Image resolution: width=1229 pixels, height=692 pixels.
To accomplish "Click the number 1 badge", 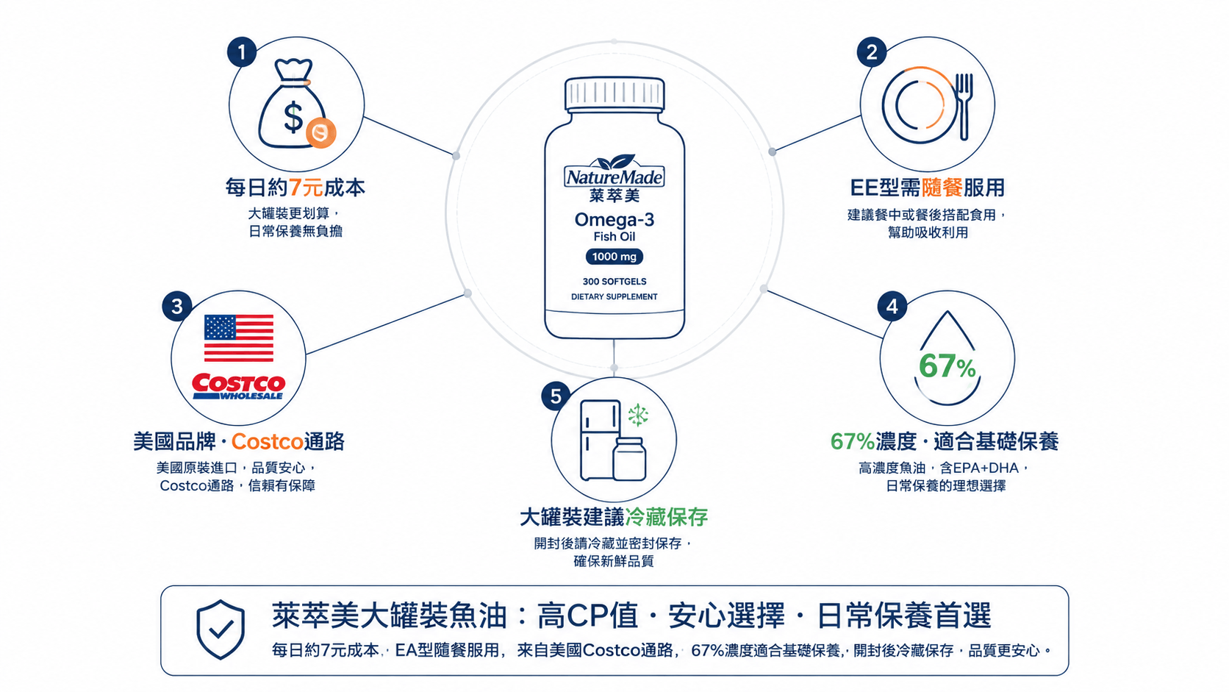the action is pos(242,52).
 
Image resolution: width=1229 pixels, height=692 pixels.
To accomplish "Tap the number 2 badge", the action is pos(872,52).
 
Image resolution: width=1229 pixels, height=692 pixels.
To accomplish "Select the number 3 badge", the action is pos(176,306).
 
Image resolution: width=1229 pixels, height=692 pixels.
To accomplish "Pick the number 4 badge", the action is pos(892,306).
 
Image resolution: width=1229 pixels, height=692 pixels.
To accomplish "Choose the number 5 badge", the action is pos(556,396).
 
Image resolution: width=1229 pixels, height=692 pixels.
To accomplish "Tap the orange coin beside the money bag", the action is pos(321,132).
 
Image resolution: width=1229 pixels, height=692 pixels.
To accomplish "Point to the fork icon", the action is pos(964,106).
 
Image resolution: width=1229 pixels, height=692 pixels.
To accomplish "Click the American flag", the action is pos(239,338).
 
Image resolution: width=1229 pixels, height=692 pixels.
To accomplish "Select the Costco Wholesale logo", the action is pos(239,387).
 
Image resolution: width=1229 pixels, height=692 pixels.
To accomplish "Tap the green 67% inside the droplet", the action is pos(947,366).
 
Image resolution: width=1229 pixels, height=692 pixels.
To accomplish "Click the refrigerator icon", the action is pos(601,440).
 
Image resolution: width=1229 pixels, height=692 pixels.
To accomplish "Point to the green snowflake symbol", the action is pos(638,415).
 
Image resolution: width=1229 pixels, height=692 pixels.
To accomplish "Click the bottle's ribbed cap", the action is pos(614,94).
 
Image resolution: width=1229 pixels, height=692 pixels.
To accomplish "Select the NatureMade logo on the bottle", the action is pos(614,171).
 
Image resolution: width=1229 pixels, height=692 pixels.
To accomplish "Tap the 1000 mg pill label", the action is pos(614,257).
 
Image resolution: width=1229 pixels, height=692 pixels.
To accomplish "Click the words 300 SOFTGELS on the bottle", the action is pos(614,282).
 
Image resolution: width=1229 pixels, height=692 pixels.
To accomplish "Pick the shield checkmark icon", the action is pos(221,629).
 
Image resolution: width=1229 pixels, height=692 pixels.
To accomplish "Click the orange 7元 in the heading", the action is pos(306,188).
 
